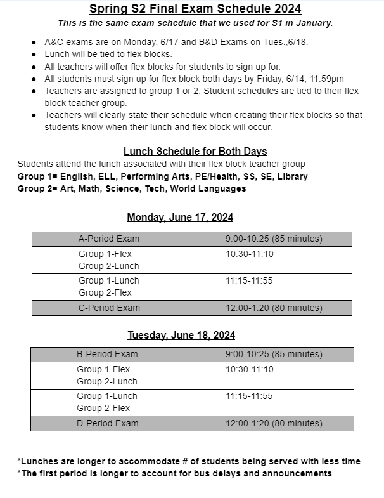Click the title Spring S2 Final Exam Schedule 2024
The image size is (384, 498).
pos(195,9)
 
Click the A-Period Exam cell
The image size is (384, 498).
pos(109,239)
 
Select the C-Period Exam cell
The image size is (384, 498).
pos(109,308)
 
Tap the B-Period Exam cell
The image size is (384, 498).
pos(107,354)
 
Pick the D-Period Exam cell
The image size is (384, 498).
pos(107,423)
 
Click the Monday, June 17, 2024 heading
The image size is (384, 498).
pos(180,218)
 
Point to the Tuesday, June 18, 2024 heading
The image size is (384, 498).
pos(181,335)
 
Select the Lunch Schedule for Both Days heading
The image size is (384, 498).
pos(195,151)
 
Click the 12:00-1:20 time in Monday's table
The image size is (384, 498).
pos(274,308)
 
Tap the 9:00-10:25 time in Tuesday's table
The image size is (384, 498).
pos(274,354)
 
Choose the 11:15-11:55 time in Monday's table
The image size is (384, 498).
pos(249,280)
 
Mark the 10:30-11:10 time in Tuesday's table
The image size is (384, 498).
pos(250,369)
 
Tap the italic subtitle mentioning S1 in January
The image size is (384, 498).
pos(195,23)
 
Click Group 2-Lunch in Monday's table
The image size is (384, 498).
pos(108,266)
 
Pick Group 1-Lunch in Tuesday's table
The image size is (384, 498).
pos(108,396)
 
